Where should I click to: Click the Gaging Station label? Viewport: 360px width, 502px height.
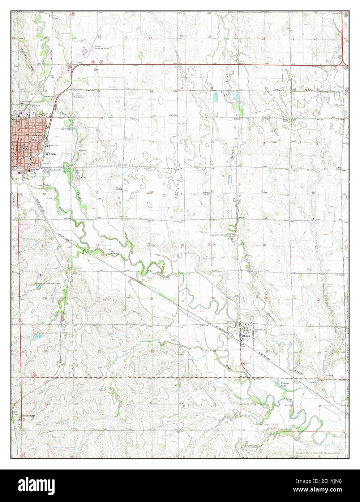pos(255,379)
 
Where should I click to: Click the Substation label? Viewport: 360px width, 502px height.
pos(79,97)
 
